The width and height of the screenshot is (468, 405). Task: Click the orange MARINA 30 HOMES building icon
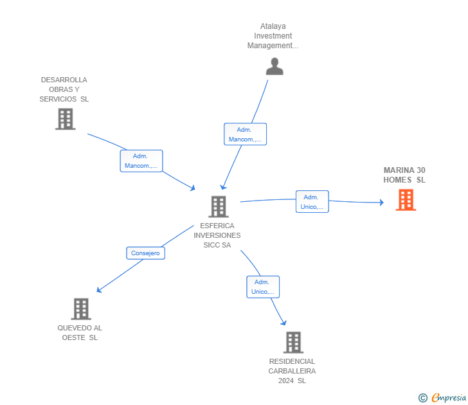click(406, 200)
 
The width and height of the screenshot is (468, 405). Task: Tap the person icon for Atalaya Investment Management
click(274, 66)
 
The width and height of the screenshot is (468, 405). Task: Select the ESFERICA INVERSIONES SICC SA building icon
click(219, 206)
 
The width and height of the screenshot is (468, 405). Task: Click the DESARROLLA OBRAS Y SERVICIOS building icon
click(65, 119)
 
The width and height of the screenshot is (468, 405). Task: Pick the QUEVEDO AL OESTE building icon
click(80, 309)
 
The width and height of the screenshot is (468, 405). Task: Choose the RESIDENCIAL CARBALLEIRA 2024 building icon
click(292, 343)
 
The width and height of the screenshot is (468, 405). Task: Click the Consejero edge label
click(145, 253)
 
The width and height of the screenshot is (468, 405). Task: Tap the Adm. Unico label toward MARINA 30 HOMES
click(312, 202)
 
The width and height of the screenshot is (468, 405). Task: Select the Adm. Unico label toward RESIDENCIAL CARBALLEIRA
click(262, 287)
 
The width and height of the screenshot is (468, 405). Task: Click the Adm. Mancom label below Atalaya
click(245, 134)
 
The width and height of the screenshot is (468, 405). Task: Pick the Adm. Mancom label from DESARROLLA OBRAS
click(141, 161)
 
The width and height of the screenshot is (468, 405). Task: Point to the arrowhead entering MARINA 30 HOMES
click(381, 203)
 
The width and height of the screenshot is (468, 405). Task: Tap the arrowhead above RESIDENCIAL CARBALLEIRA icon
click(283, 323)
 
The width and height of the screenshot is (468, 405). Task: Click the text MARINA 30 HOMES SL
click(404, 175)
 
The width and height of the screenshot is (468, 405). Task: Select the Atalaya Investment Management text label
click(273, 36)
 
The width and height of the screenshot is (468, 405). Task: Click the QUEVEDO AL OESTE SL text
click(80, 332)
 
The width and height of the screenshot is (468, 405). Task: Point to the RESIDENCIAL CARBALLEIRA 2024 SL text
click(292, 371)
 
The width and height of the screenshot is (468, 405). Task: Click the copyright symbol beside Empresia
click(423, 398)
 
